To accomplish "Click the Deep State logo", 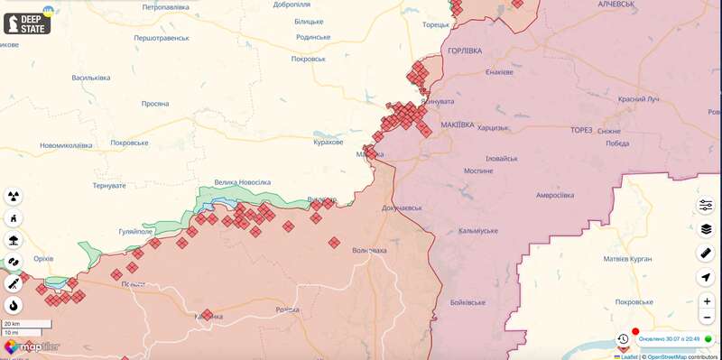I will [x=27, y=22].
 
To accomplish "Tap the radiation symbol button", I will [x=14, y=196].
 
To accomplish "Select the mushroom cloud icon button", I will [x=14, y=240].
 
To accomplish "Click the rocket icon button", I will [x=14, y=283].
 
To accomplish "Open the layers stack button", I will [x=706, y=229].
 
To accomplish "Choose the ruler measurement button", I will [x=706, y=254].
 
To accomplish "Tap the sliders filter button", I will [x=706, y=205].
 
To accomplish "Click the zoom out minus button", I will [x=706, y=318].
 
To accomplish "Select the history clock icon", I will [x=623, y=339].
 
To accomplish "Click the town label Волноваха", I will [x=370, y=250].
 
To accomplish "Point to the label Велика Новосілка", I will [x=242, y=182].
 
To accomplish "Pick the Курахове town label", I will [x=328, y=143].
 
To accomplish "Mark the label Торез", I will [x=582, y=130].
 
